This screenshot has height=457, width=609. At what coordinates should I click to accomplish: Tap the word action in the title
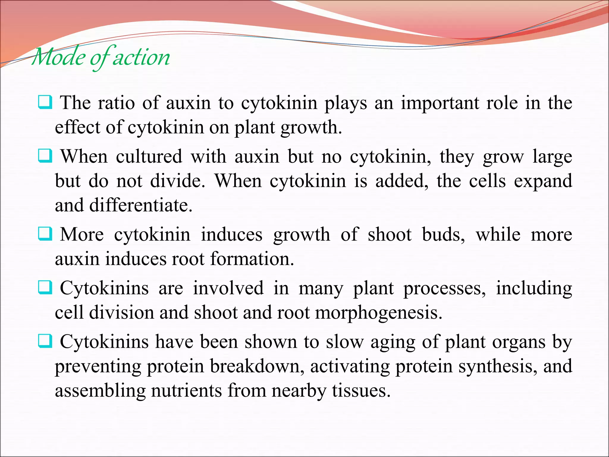pyautogui.click(x=141, y=57)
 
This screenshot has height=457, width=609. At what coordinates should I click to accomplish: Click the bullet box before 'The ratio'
pyautogui.click(x=45, y=102)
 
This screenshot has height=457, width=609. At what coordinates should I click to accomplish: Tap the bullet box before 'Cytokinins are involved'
pyautogui.click(x=45, y=288)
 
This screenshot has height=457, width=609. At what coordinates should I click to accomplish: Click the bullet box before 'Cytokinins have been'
pyautogui.click(x=45, y=341)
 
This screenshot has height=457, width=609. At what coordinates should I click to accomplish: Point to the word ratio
pyautogui.click(x=116, y=103)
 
